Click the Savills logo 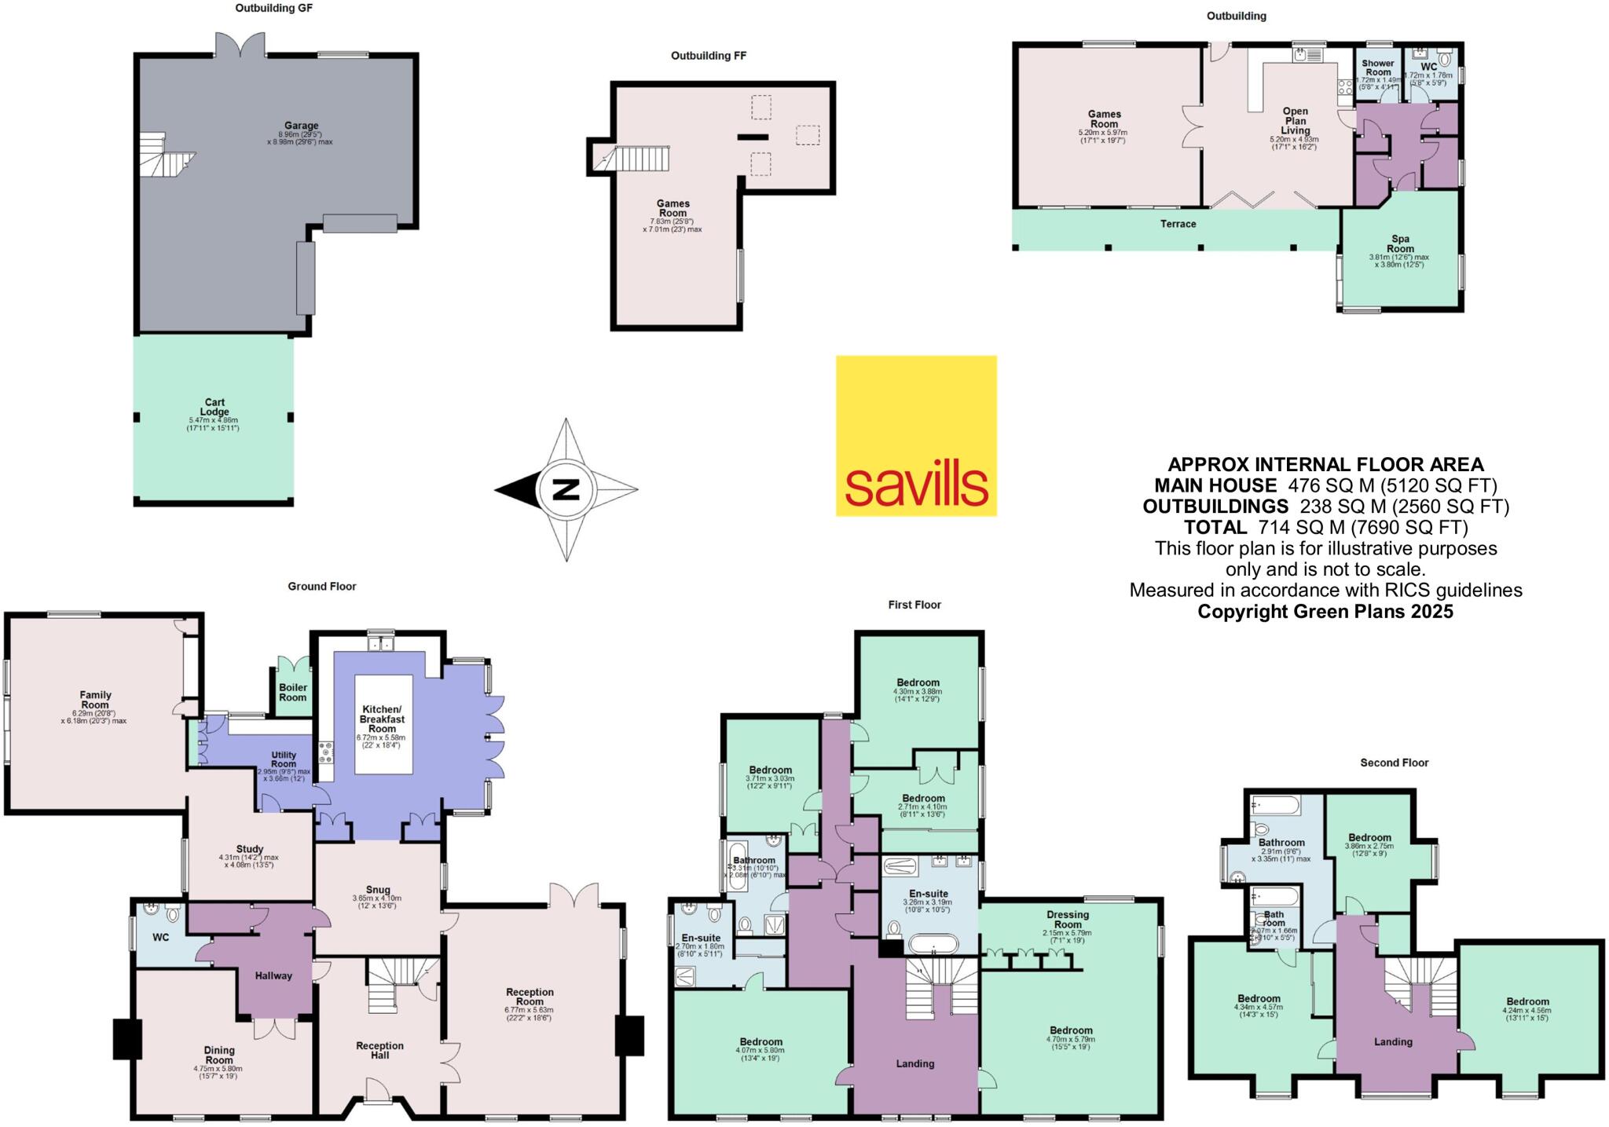pyautogui.click(x=916, y=436)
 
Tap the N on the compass pyautogui.click(x=566, y=489)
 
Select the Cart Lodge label pyautogui.click(x=214, y=407)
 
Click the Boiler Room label pyautogui.click(x=293, y=692)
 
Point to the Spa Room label pyautogui.click(x=1400, y=243)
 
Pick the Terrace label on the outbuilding pyautogui.click(x=1178, y=224)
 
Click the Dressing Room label pyautogui.click(x=1068, y=919)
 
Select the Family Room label pyautogui.click(x=95, y=699)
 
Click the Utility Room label pyautogui.click(x=284, y=759)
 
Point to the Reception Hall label pyautogui.click(x=379, y=1050)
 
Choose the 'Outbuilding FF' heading pyautogui.click(x=708, y=56)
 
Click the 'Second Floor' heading pyautogui.click(x=1394, y=763)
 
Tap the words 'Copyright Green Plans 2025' pyautogui.click(x=1325, y=611)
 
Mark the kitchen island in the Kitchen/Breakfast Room pyautogui.click(x=383, y=724)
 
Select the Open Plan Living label pyautogui.click(x=1295, y=121)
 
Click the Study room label pyautogui.click(x=250, y=849)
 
